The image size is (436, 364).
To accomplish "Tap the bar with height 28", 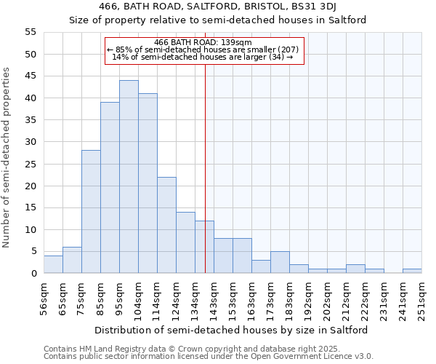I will tap(91, 212).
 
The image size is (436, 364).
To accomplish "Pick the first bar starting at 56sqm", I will tap(53, 264).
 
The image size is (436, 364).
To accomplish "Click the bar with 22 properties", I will tap(166, 225).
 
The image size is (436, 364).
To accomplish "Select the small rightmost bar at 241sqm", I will tap(412, 271).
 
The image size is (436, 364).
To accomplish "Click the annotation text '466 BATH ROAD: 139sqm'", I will tap(203, 42).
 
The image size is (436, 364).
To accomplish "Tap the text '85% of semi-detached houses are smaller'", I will tap(203, 50).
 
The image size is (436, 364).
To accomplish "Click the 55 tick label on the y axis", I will tap(31, 32).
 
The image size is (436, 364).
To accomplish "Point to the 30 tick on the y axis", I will tap(31, 142).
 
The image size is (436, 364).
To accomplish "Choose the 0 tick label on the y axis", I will tap(33, 274).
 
